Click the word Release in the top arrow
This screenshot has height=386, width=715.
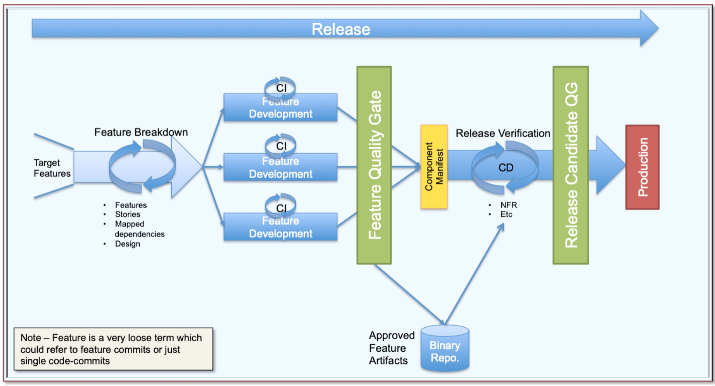[x=341, y=29]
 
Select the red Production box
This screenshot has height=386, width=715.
[x=642, y=167]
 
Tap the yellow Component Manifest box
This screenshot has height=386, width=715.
[x=434, y=167]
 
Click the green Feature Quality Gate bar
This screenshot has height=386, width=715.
[x=374, y=165]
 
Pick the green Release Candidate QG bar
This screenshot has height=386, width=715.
[x=571, y=165]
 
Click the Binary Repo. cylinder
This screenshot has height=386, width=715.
[x=445, y=349]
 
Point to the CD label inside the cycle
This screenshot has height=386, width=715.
[x=506, y=168]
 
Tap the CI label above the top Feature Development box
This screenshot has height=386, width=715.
[x=281, y=88]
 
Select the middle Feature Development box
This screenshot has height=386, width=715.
[x=280, y=168]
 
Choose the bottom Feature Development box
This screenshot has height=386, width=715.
[x=280, y=227]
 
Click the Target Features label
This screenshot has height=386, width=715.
[x=52, y=168]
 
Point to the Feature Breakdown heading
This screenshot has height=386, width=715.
[x=141, y=132]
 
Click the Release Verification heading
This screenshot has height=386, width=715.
[x=503, y=133]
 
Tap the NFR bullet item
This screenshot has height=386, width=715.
[x=509, y=205]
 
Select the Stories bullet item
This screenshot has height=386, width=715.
[x=127, y=214]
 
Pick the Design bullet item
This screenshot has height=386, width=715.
[x=127, y=244]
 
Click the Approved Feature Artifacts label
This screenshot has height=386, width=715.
[x=391, y=348]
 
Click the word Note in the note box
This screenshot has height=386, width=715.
[x=31, y=338]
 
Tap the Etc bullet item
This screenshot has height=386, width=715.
[x=506, y=214]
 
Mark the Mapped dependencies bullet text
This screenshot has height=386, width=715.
[x=139, y=229]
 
